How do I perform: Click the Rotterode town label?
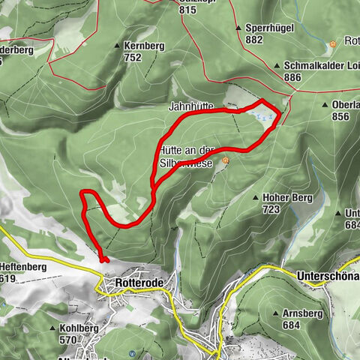(137, 283)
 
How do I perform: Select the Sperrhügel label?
(269, 28)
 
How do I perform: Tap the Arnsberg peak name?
(307, 314)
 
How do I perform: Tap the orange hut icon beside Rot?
(332, 43)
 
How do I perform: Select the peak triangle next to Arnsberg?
(277, 314)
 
